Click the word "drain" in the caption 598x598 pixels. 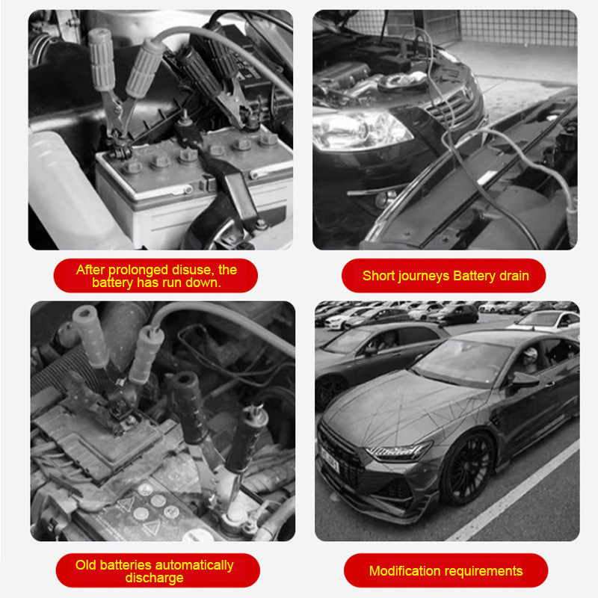click(x=514, y=275)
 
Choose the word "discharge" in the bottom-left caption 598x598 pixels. click(x=155, y=578)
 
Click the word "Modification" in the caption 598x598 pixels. click(x=405, y=571)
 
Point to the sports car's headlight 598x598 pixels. click(x=399, y=451)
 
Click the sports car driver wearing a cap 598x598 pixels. click(x=528, y=360)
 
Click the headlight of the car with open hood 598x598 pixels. click(x=359, y=129)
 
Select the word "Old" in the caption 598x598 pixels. click(x=86, y=565)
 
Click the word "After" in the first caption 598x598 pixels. click(x=90, y=270)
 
